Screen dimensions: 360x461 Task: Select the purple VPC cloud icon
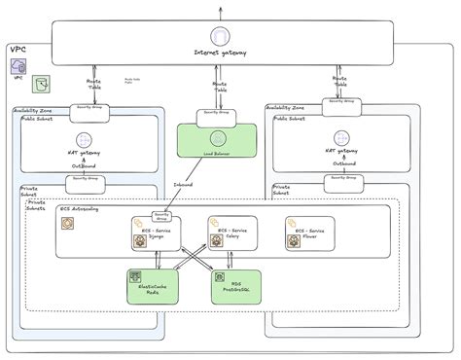[x=19, y=66]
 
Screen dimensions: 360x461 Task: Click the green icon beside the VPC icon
[x=42, y=85]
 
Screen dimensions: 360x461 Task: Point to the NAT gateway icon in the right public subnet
[x=341, y=139]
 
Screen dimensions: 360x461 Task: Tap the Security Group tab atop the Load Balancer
[x=216, y=113]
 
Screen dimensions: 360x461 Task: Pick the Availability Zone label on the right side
[x=286, y=109]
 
